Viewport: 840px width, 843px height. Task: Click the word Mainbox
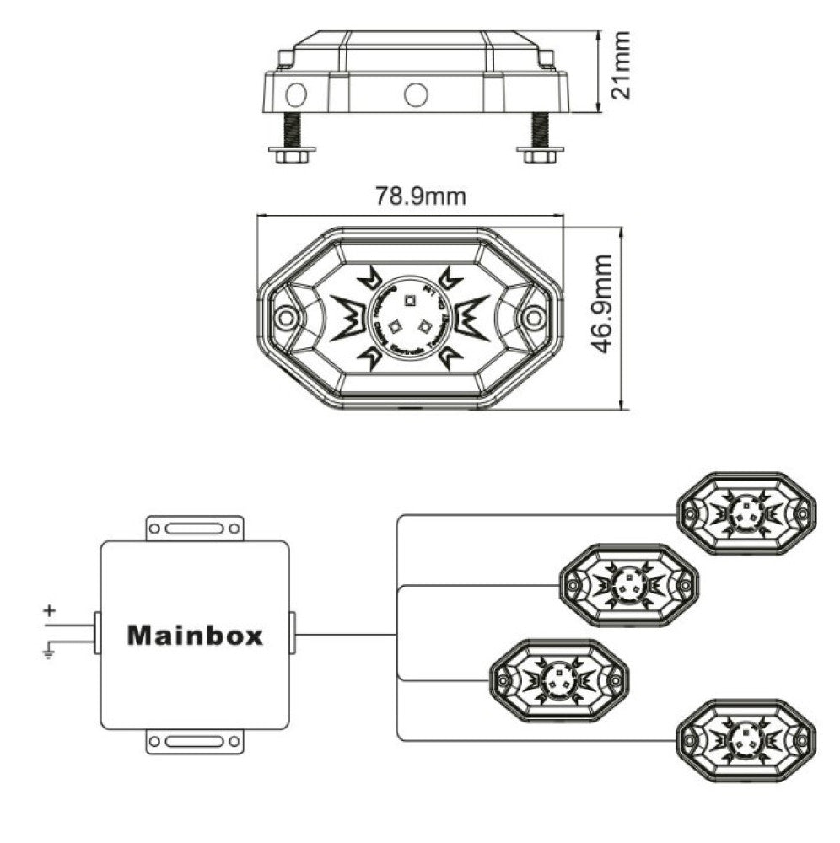[195, 635]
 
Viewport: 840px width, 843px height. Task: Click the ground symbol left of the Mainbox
[49, 649]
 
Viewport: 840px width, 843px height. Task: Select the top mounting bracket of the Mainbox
[195, 529]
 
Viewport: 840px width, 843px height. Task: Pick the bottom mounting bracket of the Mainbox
[195, 742]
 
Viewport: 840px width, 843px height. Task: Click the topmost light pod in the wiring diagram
[746, 513]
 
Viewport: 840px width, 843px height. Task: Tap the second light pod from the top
[629, 584]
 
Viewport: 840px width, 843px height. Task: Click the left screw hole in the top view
[287, 317]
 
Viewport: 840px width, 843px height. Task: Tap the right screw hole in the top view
[532, 317]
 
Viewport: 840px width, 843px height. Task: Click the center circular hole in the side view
[416, 94]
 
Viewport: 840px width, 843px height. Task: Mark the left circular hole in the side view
[296, 94]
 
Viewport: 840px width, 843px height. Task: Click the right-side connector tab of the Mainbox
[292, 634]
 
